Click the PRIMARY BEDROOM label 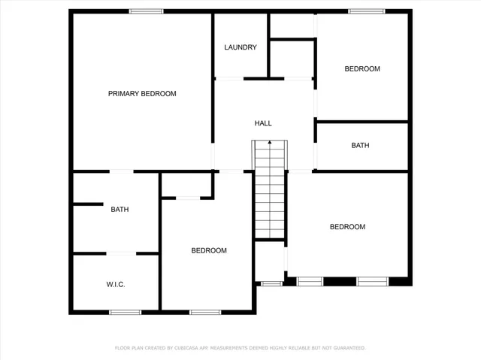tap(142, 94)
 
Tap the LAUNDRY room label tap(240, 47)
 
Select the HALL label tap(263, 123)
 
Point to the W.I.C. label tap(115, 285)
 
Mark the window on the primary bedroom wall tap(147, 11)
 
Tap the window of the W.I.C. tap(126, 312)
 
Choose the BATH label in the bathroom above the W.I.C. tap(119, 210)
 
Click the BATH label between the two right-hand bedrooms tap(360, 146)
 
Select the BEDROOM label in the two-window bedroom tap(347, 227)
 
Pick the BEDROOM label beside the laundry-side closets tap(362, 69)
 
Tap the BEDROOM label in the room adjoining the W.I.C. tap(208, 251)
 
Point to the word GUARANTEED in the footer tap(348, 348)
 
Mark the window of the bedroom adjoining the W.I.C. tap(204, 312)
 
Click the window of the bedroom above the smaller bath tap(367, 11)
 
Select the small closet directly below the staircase tap(268, 261)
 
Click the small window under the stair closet tap(271, 283)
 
